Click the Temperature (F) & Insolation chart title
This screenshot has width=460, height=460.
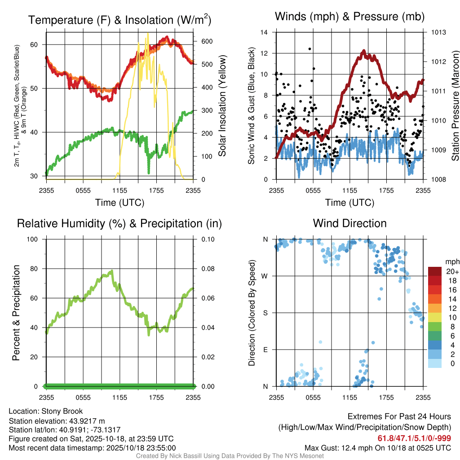pyautogui.click(x=119, y=20)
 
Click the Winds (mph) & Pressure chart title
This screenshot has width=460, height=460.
pyautogui.click(x=349, y=17)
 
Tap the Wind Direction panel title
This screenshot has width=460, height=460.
pyautogui.click(x=349, y=223)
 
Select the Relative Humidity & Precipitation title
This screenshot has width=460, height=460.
pyautogui.click(x=119, y=223)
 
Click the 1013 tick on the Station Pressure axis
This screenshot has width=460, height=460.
pyautogui.click(x=438, y=32)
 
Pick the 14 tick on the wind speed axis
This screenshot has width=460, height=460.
pyautogui.click(x=264, y=32)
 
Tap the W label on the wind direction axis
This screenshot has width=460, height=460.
pyautogui.click(x=265, y=276)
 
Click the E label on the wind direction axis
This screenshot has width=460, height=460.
pyautogui.click(x=265, y=349)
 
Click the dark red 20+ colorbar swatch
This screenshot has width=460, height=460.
pyautogui.click(x=435, y=271)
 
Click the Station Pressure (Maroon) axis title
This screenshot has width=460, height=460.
pyautogui.click(x=455, y=106)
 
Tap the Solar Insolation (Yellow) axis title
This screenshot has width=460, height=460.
pyautogui.click(x=222, y=106)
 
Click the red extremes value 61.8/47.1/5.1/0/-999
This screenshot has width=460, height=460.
pyautogui.click(x=414, y=438)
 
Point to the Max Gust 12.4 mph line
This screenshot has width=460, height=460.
pyautogui.click(x=378, y=448)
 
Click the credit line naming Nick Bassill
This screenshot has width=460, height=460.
pyautogui.click(x=230, y=456)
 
